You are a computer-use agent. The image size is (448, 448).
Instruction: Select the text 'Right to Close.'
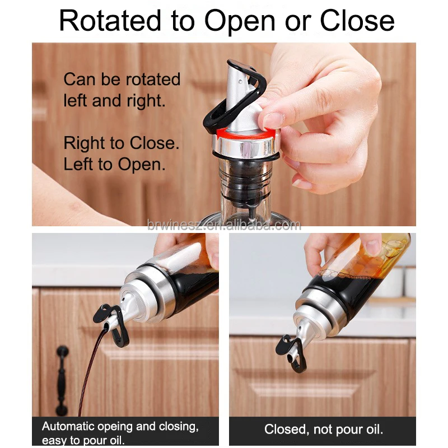pos(122,143)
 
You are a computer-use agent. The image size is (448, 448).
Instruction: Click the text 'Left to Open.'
pos(114,165)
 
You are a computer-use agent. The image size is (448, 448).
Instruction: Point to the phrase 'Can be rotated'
pos(122,79)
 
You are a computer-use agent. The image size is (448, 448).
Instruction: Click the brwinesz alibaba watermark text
pos(224,225)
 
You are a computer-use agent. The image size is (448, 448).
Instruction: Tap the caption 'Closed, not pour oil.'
pos(324,430)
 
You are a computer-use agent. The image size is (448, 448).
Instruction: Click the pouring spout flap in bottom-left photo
pos(110,322)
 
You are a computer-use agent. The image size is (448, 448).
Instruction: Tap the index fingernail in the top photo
pos(273,120)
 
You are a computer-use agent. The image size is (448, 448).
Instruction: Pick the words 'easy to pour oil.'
pos(83,440)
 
